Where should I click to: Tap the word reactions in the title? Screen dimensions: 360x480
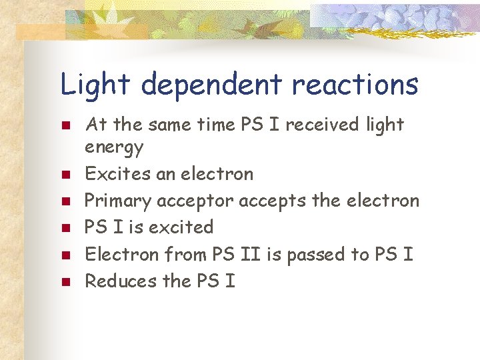tap(355, 85)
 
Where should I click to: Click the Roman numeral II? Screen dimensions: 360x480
tap(245, 254)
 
